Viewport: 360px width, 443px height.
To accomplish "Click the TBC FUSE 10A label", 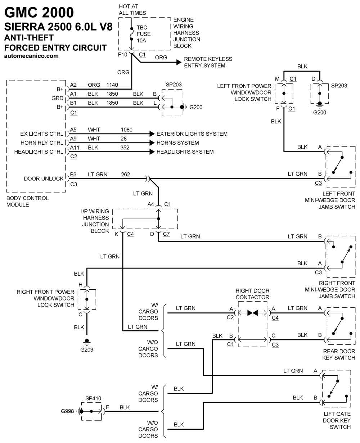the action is click(144, 34).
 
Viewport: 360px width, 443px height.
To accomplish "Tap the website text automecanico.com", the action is click(31, 56).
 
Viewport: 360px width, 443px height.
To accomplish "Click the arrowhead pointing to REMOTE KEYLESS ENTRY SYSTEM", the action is click(179, 62).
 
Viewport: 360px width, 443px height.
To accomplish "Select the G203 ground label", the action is click(87, 350).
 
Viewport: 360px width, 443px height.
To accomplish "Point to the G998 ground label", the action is click(67, 411).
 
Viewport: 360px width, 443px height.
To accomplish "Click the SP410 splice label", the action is click(93, 398).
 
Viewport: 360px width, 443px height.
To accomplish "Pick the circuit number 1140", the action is click(112, 85).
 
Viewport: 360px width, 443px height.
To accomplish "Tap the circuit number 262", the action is click(125, 174).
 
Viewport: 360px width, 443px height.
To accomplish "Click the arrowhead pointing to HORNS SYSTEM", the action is click(152, 143).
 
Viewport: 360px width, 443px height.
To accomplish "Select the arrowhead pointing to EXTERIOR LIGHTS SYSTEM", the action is click(152, 134).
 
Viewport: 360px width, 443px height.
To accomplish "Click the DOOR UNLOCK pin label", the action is click(44, 178).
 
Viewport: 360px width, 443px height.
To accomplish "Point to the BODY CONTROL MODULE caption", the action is click(27, 201).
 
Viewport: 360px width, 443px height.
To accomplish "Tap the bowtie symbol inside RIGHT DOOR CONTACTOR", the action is click(252, 313).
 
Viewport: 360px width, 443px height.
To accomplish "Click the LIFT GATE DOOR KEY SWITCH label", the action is click(337, 420).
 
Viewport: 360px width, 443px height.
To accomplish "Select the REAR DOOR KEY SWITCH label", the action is click(338, 354).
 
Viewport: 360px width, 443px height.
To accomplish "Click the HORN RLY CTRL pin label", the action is click(42, 143).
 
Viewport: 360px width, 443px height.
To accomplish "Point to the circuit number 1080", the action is click(126, 130).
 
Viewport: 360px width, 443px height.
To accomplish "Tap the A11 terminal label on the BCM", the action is click(75, 148).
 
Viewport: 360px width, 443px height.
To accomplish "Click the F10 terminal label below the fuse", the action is click(122, 54).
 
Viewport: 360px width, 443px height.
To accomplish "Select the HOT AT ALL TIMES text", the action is click(132, 10).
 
